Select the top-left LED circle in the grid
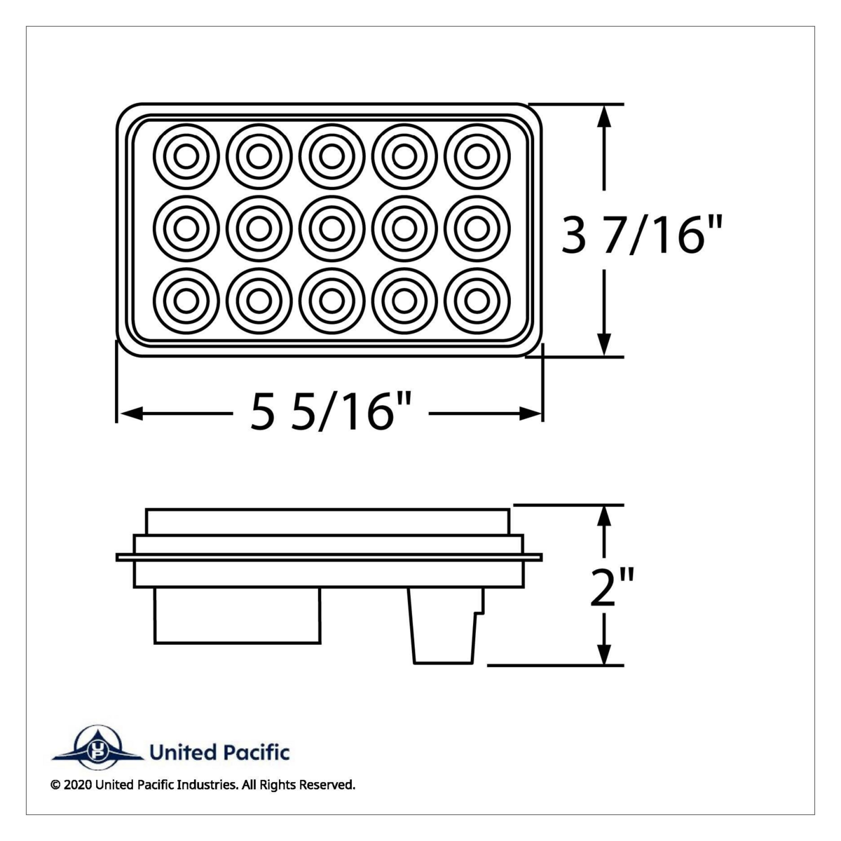click(x=186, y=156)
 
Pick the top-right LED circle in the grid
click(x=477, y=156)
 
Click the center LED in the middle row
click(x=331, y=228)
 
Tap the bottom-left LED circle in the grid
click(x=186, y=300)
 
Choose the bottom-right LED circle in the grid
click(x=477, y=300)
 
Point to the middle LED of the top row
click(x=331, y=156)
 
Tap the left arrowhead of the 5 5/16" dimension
click(x=130, y=414)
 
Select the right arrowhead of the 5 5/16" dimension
click(x=530, y=414)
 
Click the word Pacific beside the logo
click(x=256, y=753)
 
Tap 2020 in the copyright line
click(x=76, y=785)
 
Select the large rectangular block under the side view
click(x=238, y=614)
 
